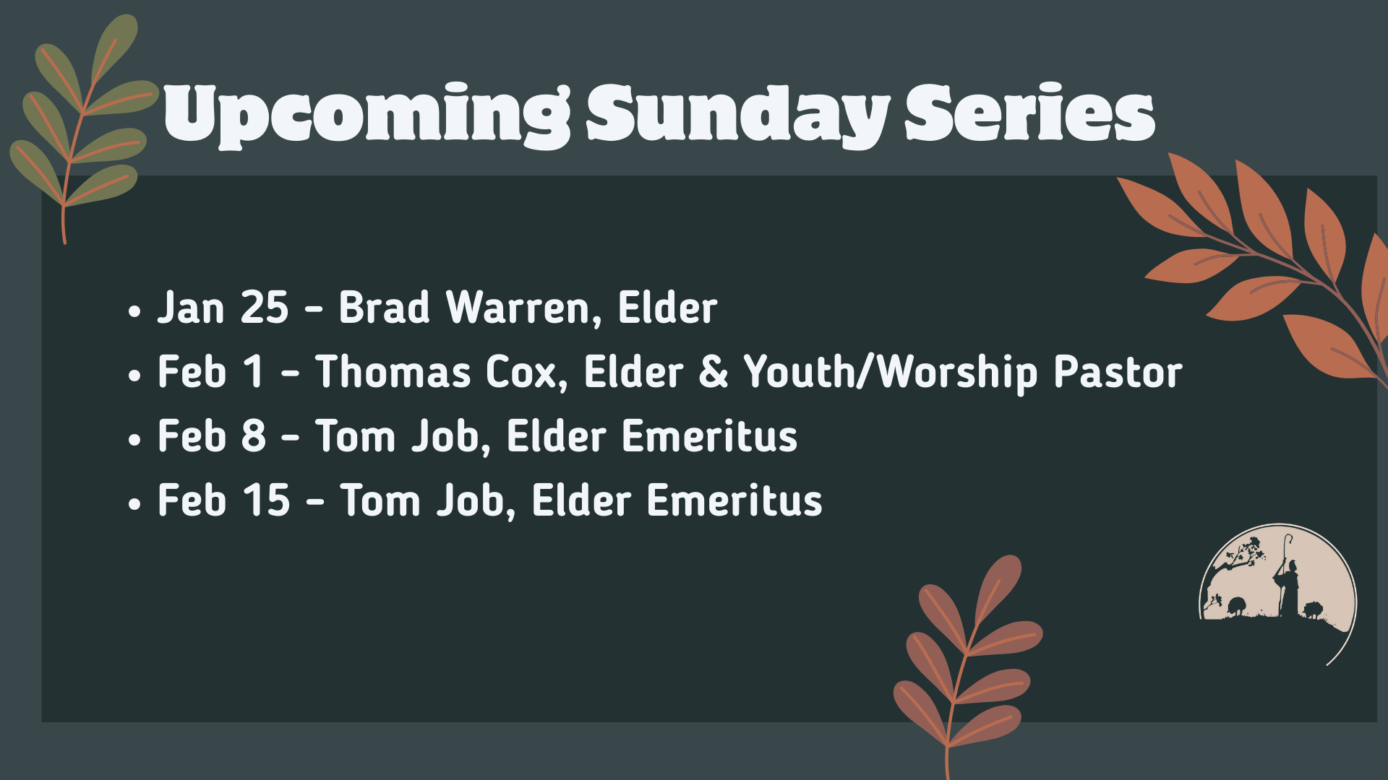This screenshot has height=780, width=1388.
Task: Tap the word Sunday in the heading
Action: [x=737, y=114]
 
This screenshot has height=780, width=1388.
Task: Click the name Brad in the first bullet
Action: [x=384, y=308]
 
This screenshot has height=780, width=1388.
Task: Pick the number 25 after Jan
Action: [x=265, y=308]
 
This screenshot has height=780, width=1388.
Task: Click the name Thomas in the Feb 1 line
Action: [x=393, y=372]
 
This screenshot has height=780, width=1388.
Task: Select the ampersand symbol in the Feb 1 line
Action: [x=714, y=372]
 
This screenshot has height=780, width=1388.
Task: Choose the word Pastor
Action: [x=1118, y=372]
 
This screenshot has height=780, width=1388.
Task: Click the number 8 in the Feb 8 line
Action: [x=254, y=436]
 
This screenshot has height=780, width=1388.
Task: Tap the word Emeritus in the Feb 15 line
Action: [x=734, y=500]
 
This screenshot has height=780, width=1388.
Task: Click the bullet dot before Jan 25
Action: [x=134, y=312]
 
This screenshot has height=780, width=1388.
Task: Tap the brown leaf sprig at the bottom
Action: [x=965, y=657]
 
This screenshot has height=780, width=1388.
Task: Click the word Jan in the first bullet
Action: [x=191, y=308]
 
